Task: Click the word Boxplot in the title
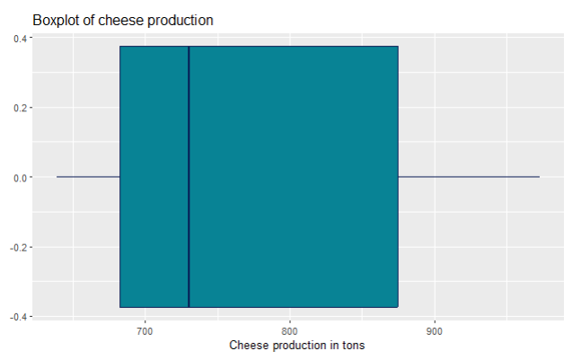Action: pyautogui.click(x=56, y=20)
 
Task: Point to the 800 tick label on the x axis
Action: pyautogui.click(x=290, y=329)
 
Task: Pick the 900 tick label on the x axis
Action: pyautogui.click(x=436, y=329)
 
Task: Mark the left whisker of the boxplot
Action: pyautogui.click(x=88, y=177)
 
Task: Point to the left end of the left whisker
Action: pyautogui.click(x=57, y=177)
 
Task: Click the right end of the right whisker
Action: pyautogui.click(x=540, y=177)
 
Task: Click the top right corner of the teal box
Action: pyautogui.click(x=398, y=47)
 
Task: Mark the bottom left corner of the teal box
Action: pyautogui.click(x=120, y=307)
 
